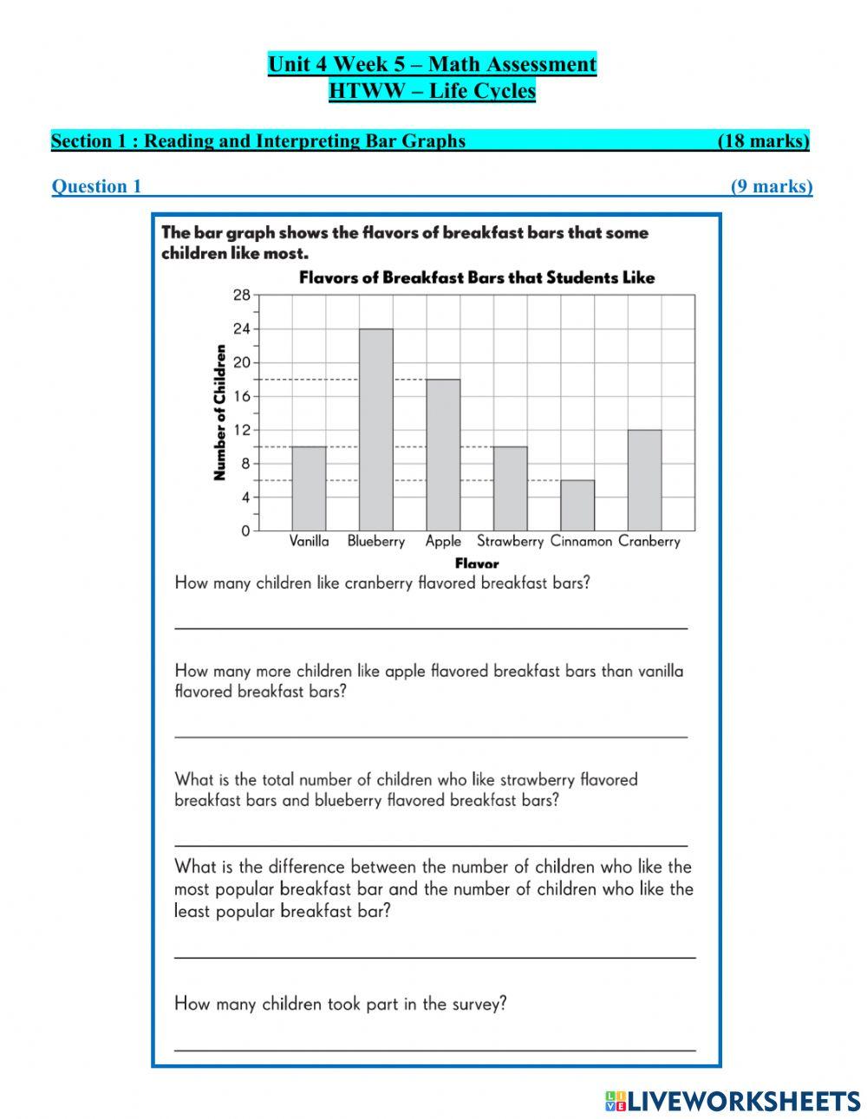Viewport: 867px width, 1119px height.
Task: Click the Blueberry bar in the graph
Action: [375, 430]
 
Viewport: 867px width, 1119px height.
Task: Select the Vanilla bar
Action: [309, 488]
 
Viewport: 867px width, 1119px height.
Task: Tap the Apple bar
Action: [443, 455]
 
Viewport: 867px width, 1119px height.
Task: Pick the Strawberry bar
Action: [510, 488]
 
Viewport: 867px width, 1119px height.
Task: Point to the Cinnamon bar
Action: [577, 505]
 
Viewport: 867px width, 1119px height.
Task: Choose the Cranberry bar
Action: [644, 480]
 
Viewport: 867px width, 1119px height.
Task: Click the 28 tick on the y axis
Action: [241, 296]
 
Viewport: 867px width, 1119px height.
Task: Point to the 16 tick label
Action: [241, 396]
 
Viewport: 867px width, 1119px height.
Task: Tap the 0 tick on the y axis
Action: [245, 530]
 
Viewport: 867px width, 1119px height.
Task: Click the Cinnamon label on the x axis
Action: [581, 541]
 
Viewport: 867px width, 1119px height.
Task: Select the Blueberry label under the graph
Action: [376, 541]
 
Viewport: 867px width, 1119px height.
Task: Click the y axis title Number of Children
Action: [219, 413]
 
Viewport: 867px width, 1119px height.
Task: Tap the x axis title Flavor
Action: [477, 563]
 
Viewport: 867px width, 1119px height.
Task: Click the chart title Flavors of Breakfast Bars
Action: [477, 277]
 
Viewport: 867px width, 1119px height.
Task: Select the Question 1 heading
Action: [96, 186]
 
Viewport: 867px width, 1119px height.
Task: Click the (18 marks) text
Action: [763, 141]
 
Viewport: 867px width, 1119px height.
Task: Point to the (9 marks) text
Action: [772, 186]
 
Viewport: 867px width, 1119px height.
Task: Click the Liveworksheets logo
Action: [733, 1101]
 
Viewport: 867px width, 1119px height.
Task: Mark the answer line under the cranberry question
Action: [431, 626]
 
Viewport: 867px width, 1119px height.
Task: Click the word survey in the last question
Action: [476, 1004]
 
